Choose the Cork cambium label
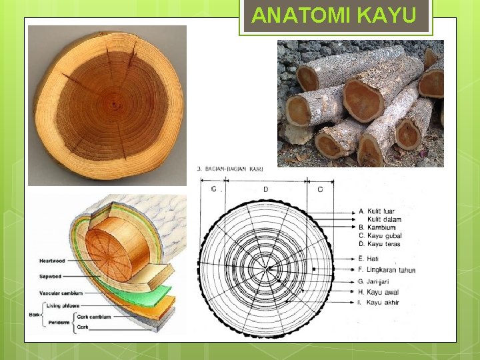coord(94,317)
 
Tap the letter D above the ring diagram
coord(265,189)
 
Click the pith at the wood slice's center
coord(114,104)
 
